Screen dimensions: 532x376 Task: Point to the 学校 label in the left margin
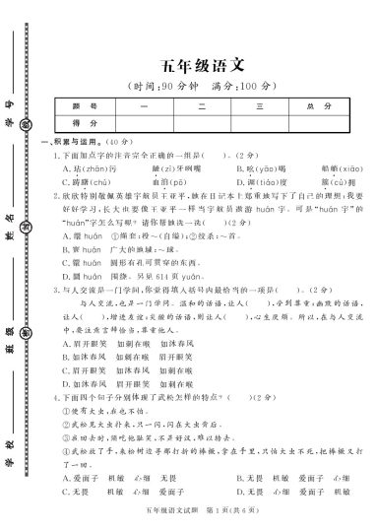click(x=9, y=433)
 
